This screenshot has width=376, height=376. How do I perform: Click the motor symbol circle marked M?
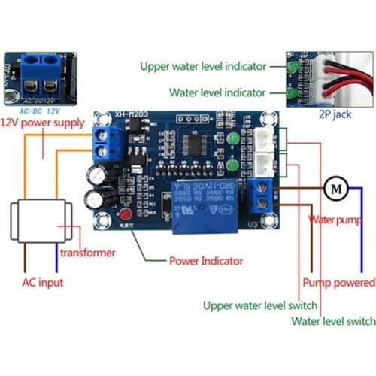click(332, 188)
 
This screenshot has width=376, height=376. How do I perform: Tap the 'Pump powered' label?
click(338, 283)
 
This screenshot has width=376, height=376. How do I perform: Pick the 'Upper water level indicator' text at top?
click(202, 66)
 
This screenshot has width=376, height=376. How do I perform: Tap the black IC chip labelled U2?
click(197, 146)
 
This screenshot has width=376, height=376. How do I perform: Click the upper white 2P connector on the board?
click(265, 138)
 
